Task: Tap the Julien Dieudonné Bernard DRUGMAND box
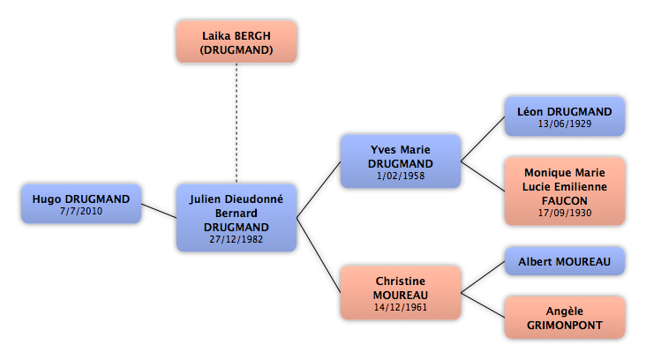click(x=236, y=218)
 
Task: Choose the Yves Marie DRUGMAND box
click(x=401, y=161)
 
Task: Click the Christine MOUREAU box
click(x=401, y=292)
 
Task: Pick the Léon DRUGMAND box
click(x=564, y=116)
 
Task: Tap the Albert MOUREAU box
click(x=564, y=261)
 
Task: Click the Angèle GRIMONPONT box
click(x=564, y=318)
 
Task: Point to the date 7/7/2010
click(x=81, y=212)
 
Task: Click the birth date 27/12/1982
click(x=236, y=240)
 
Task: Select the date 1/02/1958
click(x=401, y=176)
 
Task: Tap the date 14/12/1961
click(x=401, y=306)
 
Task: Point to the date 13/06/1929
click(x=564, y=124)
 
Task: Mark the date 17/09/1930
click(x=564, y=213)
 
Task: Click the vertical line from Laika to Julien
click(x=236, y=124)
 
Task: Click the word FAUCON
click(x=564, y=200)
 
